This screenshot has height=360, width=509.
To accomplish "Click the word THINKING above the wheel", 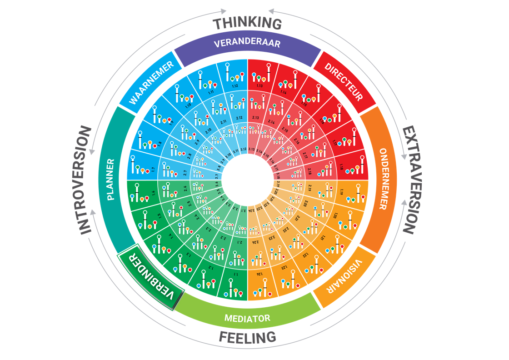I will click(248, 23).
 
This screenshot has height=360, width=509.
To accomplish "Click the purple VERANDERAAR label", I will click(247, 44).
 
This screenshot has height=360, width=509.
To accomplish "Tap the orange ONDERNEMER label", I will click(383, 179).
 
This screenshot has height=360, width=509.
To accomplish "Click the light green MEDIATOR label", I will click(247, 318).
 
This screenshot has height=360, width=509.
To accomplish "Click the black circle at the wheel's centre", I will click(247, 180).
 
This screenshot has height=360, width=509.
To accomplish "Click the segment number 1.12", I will click(235, 86).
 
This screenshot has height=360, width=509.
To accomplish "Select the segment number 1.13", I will click(260, 85).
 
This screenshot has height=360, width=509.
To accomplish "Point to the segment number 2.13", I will click(255, 118).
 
